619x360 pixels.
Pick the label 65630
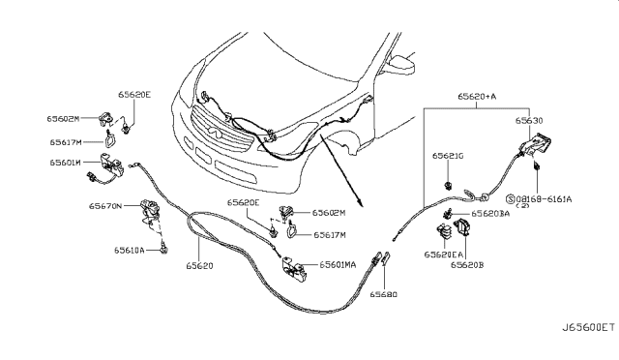tap(529, 122)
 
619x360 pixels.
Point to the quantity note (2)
tap(550, 206)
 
